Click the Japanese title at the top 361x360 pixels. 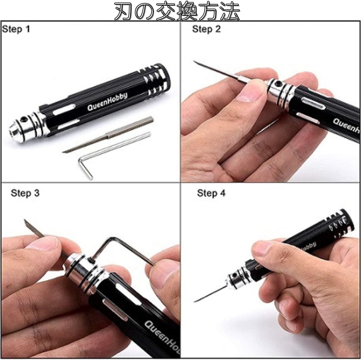[x=177, y=11]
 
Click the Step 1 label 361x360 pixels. [x=16, y=29]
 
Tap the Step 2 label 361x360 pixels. [x=206, y=29]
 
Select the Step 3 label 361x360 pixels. [x=25, y=193]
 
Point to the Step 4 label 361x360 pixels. [x=211, y=193]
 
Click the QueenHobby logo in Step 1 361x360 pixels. [x=107, y=101]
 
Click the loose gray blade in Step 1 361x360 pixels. [x=108, y=135]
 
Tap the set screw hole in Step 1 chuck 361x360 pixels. [x=23, y=119]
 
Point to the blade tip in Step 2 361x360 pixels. [x=194, y=61]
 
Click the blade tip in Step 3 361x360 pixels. [x=25, y=220]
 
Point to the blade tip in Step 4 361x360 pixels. [x=195, y=301]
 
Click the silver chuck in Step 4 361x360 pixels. [x=238, y=277]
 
